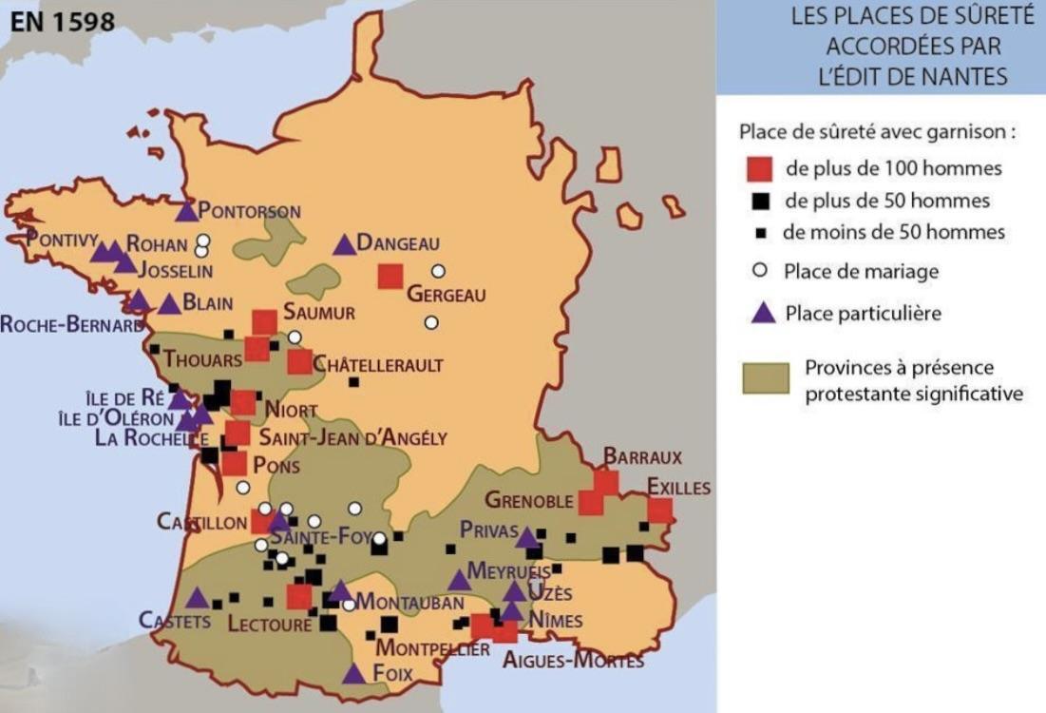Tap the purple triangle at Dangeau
[x=344, y=245]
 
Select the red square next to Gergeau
[x=390, y=276]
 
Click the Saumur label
[x=319, y=313]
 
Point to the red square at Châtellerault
[x=299, y=361]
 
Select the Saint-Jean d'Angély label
[x=352, y=438]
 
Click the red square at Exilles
[x=660, y=511]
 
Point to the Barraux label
[x=642, y=457]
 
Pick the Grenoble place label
[x=529, y=500]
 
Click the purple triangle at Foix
[x=353, y=674]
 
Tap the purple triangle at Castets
[x=197, y=598]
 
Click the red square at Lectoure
[x=299, y=596]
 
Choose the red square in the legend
[x=758, y=169]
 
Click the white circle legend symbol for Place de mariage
[x=758, y=271]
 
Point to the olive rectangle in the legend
[x=766, y=377]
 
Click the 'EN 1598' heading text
[x=62, y=21]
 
